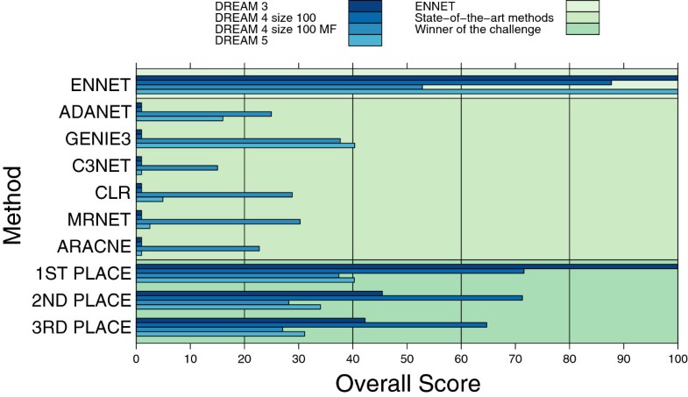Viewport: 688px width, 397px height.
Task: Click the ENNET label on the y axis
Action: point(101,85)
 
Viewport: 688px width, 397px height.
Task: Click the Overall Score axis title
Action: point(408,383)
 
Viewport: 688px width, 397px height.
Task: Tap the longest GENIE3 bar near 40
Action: point(245,145)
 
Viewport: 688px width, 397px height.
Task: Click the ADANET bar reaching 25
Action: point(203,113)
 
